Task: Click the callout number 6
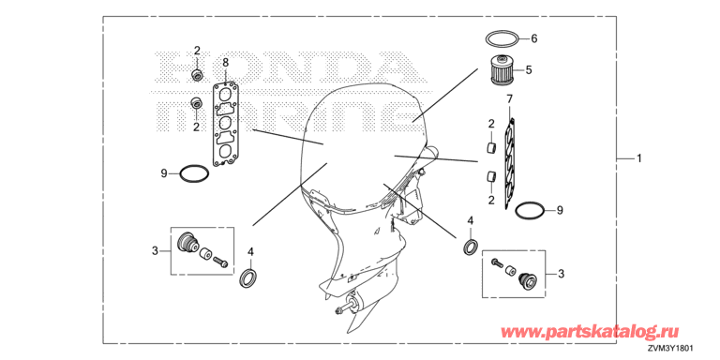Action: coord(534,38)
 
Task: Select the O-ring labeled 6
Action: coord(502,33)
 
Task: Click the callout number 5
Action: coord(529,70)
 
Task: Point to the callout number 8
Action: coord(225,62)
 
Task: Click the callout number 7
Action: coord(509,98)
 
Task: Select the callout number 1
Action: coord(638,158)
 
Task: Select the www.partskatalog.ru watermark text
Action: coord(589,331)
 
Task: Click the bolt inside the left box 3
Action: coord(220,263)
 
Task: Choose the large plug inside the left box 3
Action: coord(187,242)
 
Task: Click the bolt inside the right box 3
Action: coord(497,262)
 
